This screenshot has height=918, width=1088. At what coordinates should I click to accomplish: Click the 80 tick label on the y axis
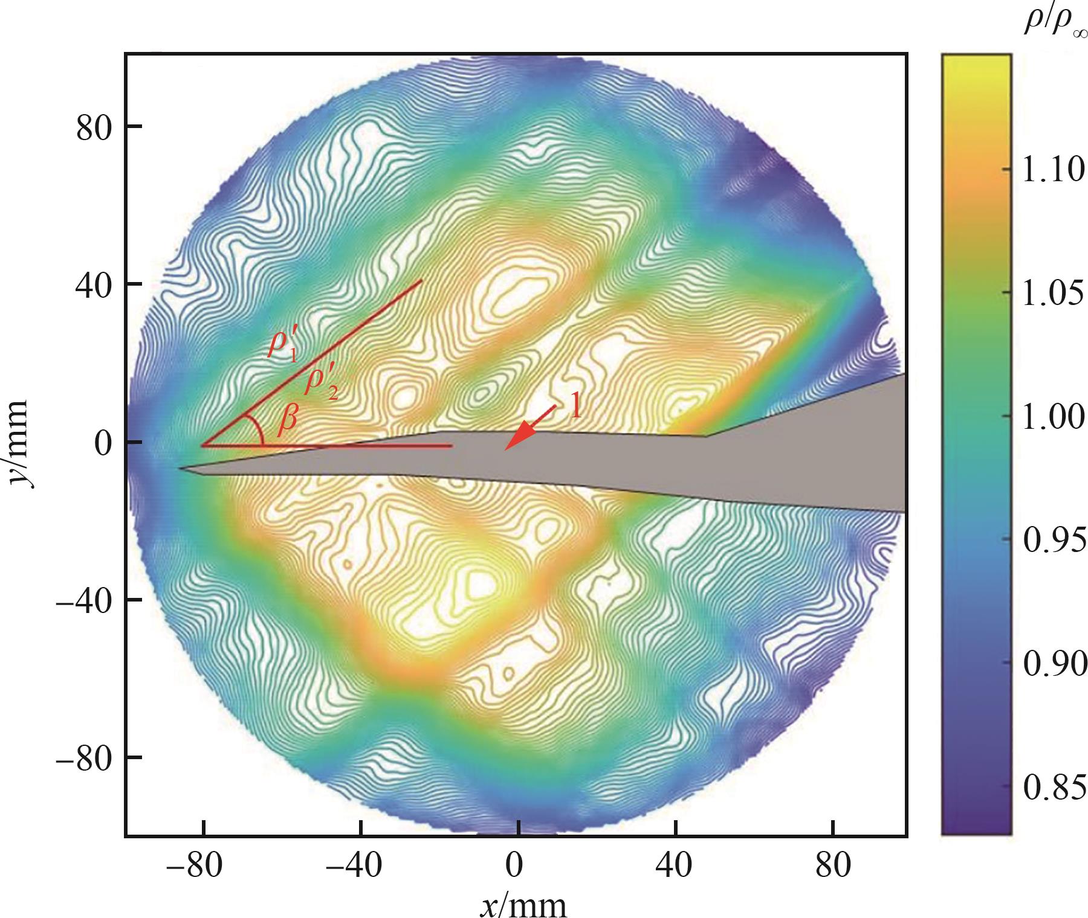pyautogui.click(x=94, y=129)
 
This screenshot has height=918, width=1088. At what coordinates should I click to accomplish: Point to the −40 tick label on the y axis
pyautogui.click(x=85, y=600)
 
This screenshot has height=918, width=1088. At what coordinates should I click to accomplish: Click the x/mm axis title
pyautogui.click(x=523, y=904)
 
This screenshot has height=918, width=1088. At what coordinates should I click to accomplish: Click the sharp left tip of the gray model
pyautogui.click(x=180, y=468)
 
